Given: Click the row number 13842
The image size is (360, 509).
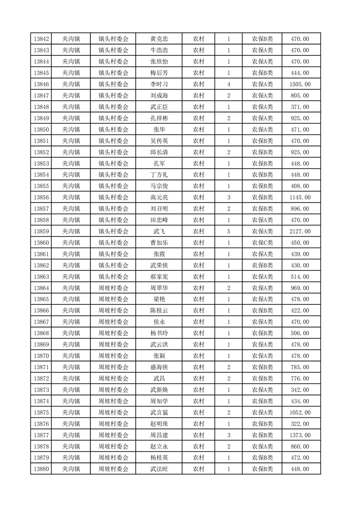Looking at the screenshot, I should point(41,39).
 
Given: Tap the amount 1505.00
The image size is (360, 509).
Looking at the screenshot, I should point(300,84).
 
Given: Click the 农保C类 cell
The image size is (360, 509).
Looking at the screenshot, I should point(262,243).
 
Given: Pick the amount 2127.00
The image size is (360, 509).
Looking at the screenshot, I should point(300,231).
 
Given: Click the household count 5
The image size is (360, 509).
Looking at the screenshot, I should point(228,231).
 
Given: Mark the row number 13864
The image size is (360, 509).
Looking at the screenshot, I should point(41,288).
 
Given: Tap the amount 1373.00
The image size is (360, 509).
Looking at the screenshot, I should point(300,435).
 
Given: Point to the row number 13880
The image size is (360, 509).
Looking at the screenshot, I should point(41,469).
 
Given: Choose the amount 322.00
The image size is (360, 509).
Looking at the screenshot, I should point(300,424).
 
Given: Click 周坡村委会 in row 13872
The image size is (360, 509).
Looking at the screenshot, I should point(113,378).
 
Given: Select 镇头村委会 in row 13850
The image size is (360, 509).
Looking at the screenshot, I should point(113,130).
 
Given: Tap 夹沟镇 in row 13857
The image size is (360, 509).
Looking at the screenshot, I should point(71,209).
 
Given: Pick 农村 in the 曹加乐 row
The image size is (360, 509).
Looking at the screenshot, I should point(198,243).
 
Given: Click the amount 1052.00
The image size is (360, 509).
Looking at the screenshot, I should point(300,412).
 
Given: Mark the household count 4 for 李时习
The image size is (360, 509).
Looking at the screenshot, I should point(228,84).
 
